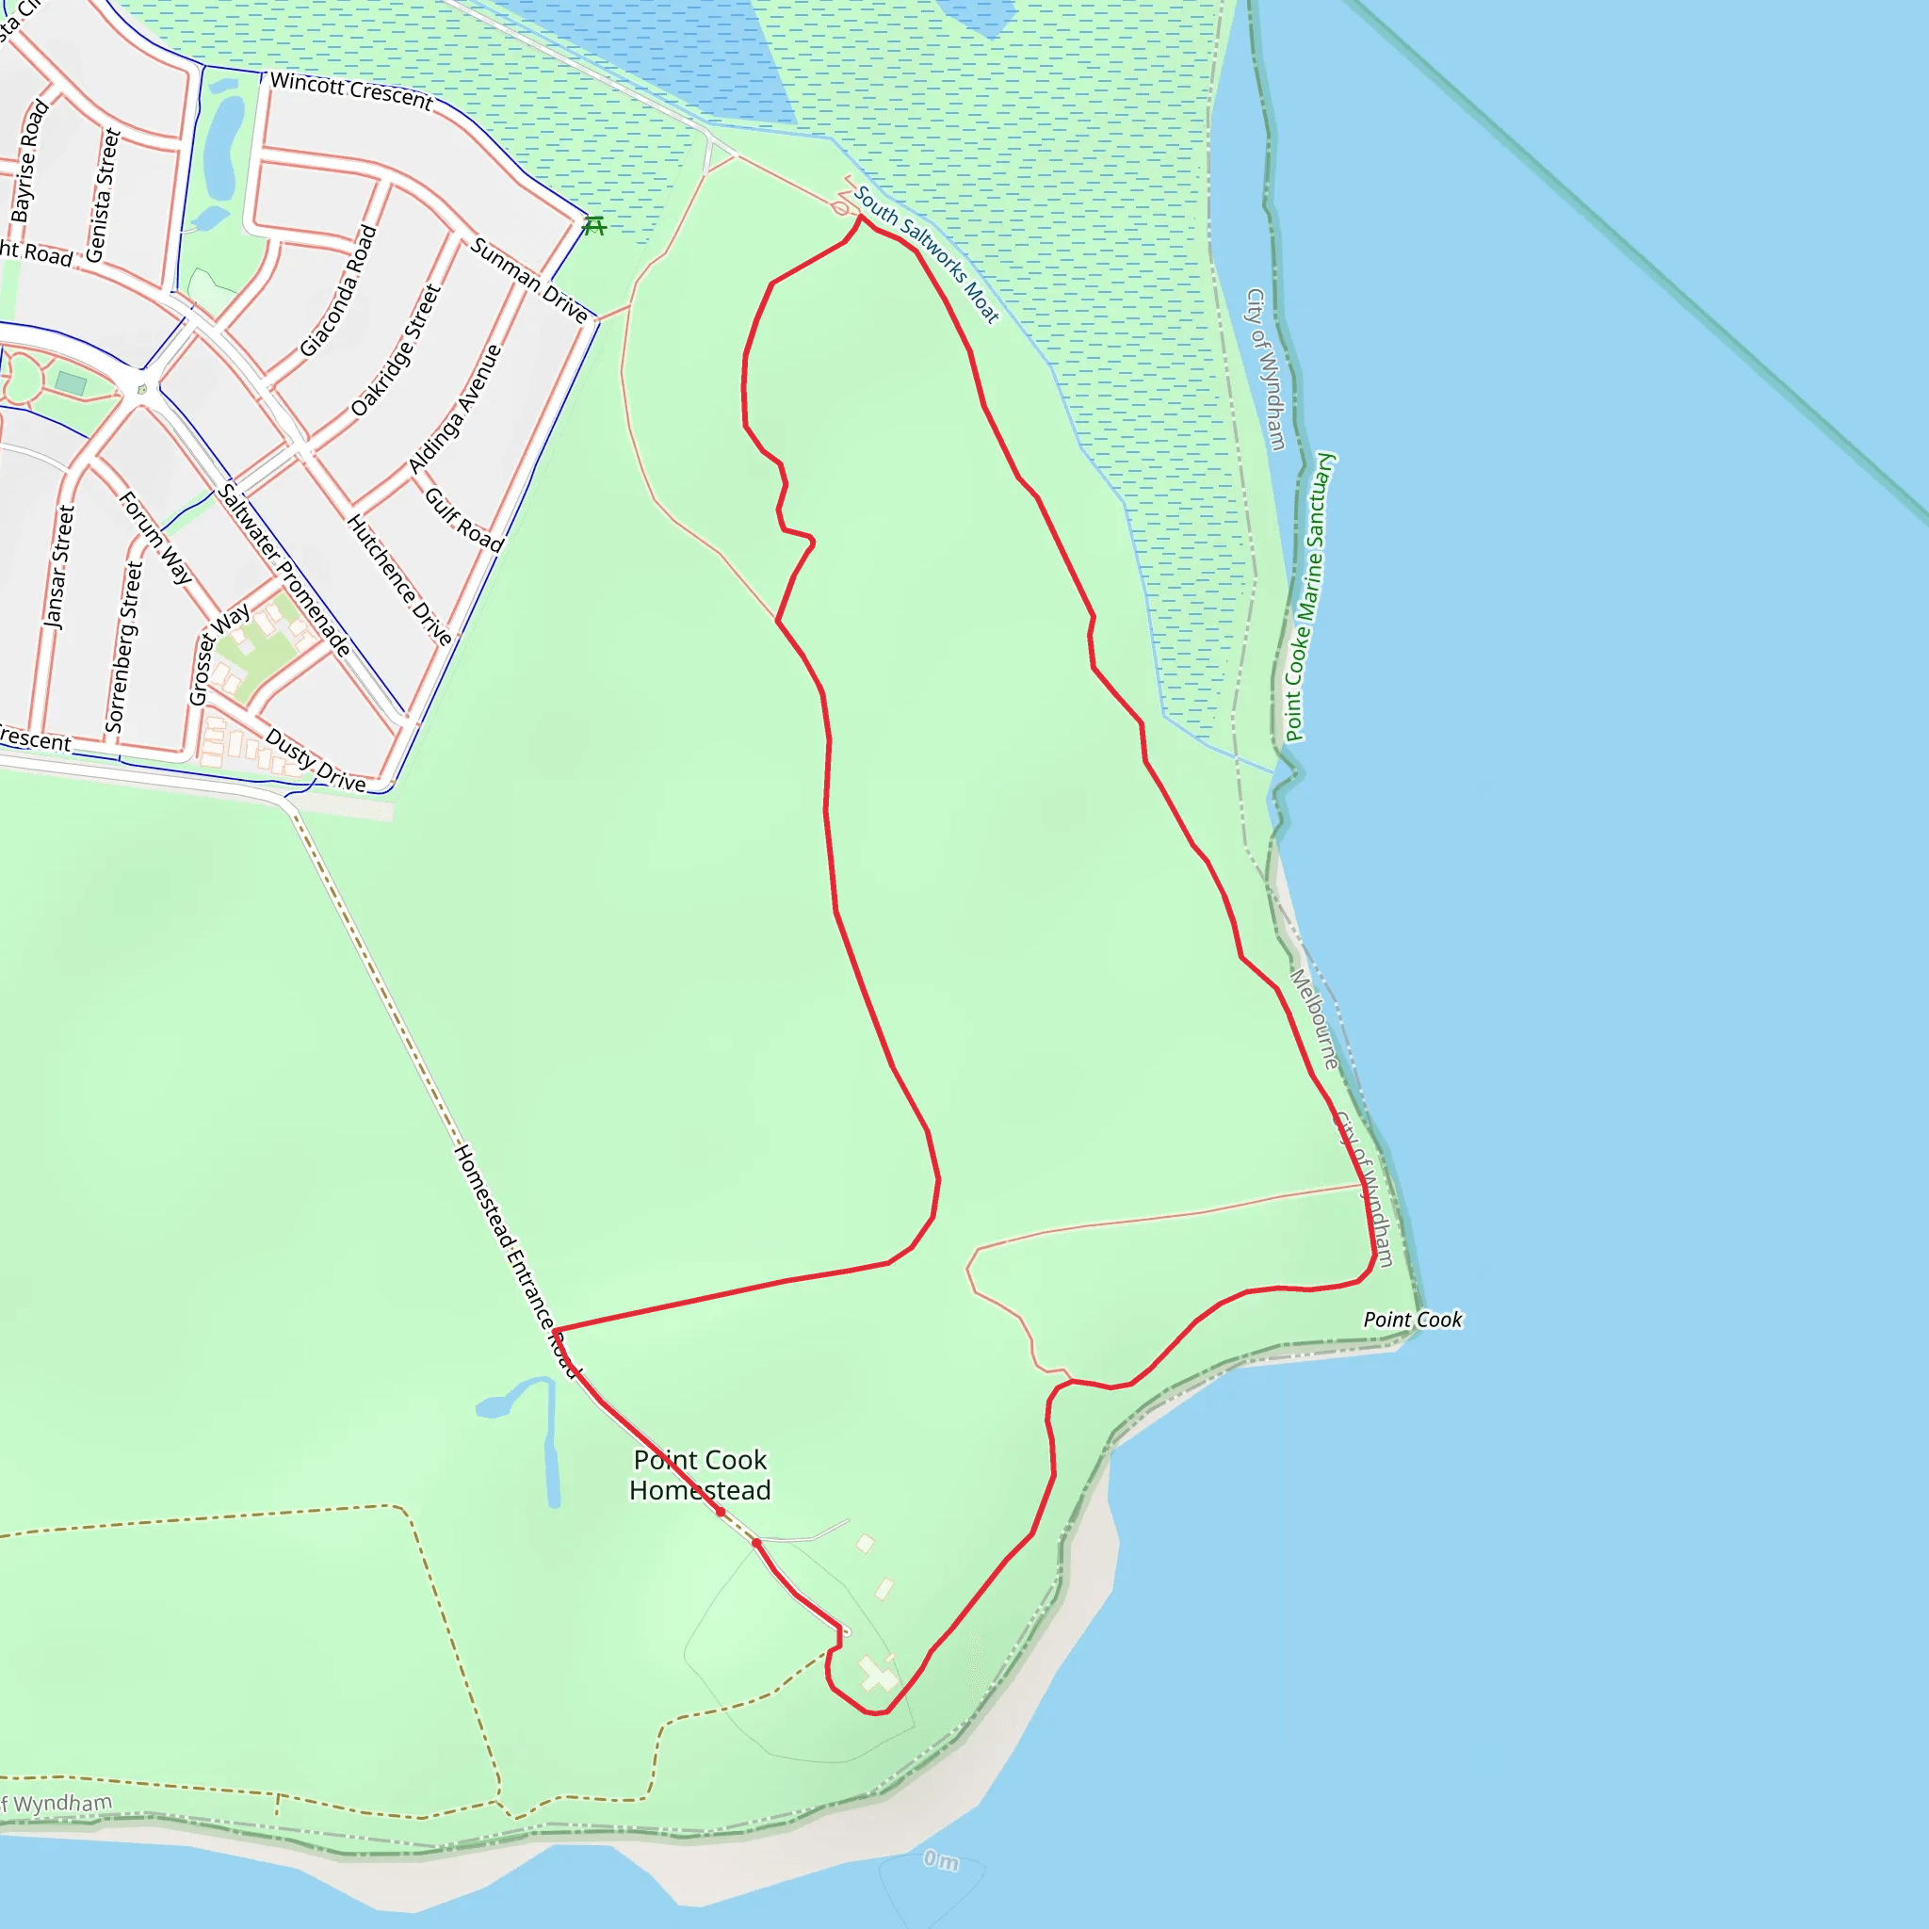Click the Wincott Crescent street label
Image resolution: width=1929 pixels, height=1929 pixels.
tap(351, 90)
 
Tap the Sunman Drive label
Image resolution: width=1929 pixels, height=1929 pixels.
tap(529, 281)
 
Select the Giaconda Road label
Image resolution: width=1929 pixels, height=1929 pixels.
tap(339, 290)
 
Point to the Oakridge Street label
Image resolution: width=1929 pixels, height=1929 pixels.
tap(396, 350)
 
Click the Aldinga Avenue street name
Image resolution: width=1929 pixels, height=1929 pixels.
tap(454, 410)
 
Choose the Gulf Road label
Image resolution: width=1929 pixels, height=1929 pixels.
tap(463, 519)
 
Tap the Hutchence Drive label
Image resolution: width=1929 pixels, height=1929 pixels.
tap(399, 579)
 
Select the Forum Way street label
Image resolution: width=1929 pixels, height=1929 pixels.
tap(155, 537)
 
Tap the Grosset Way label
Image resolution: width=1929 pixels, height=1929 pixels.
tap(219, 655)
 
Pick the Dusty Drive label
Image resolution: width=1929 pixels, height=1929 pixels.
tap(316, 761)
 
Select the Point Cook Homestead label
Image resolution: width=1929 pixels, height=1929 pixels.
tap(700, 1475)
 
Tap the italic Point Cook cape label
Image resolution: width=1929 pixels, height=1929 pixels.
tap(1412, 1320)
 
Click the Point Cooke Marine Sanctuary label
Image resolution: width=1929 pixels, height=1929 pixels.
tap(1310, 597)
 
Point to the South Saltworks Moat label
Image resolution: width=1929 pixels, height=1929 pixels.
tap(926, 254)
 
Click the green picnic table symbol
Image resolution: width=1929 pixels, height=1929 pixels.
tap(594, 226)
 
